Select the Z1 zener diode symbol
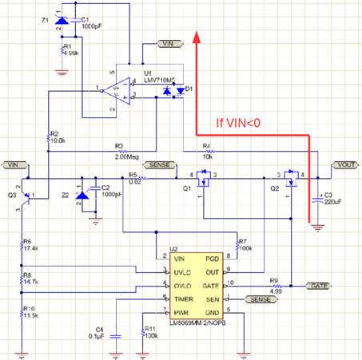[x=62, y=25]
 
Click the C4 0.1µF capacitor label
[x=100, y=332]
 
